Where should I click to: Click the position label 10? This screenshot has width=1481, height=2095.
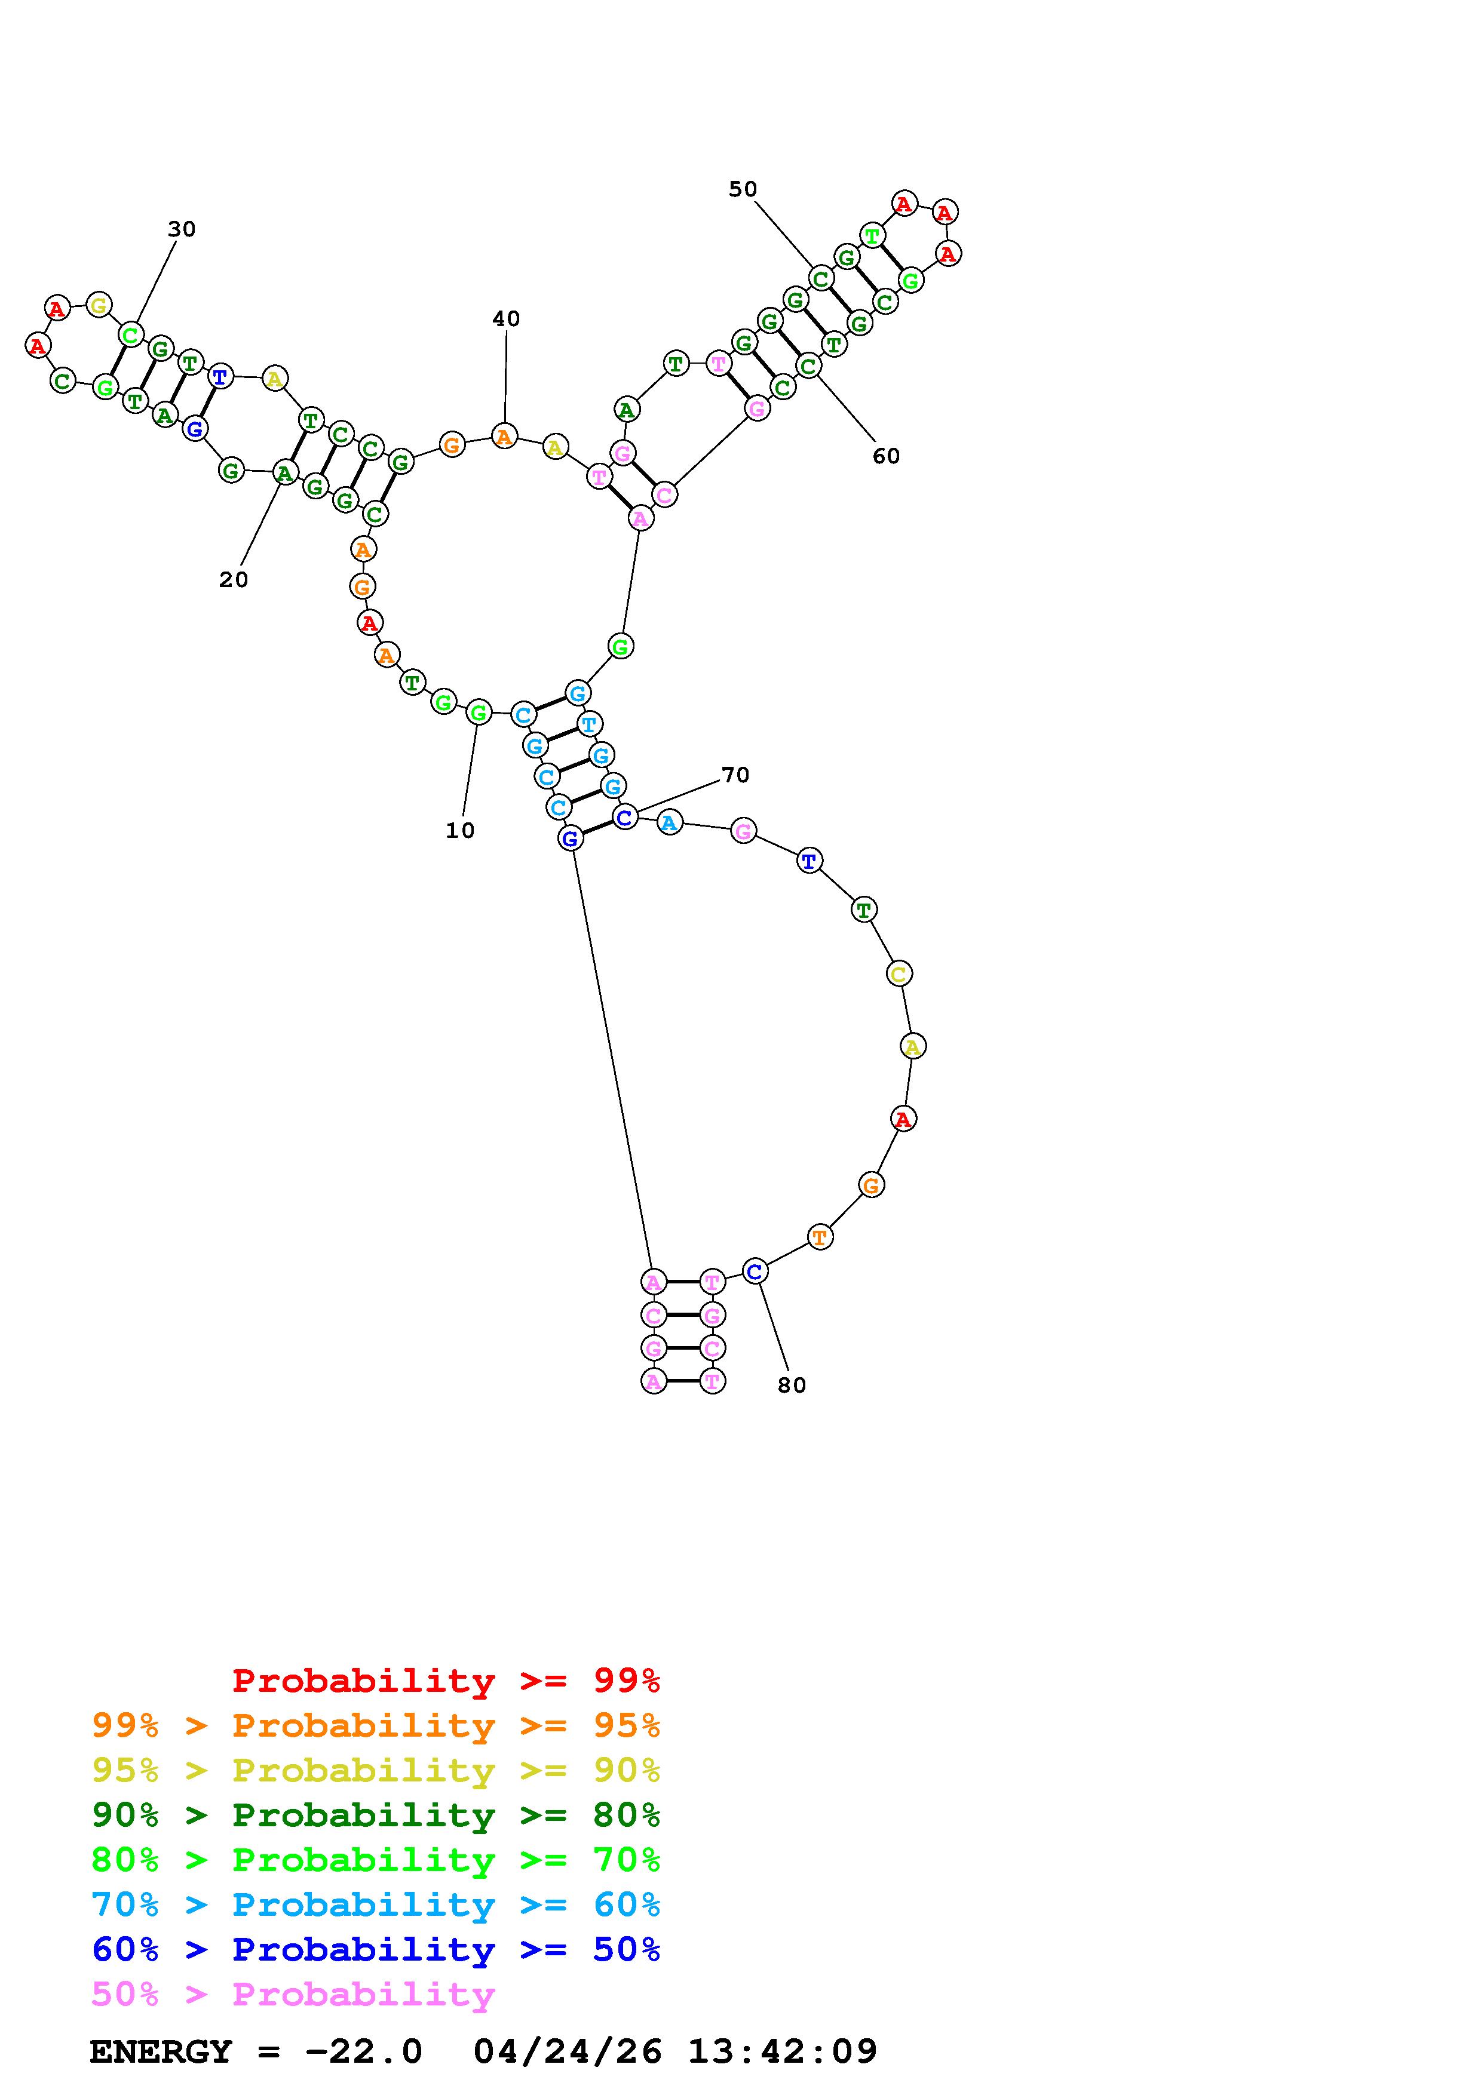tap(460, 830)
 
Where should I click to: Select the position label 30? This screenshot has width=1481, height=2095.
tap(182, 229)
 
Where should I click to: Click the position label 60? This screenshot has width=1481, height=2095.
tap(886, 456)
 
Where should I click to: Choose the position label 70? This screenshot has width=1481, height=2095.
tap(735, 775)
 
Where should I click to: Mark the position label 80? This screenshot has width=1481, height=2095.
tap(792, 1385)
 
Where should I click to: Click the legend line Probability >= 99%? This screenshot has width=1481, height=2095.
tap(446, 1681)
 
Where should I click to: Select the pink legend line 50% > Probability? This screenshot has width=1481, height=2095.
tap(294, 1995)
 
